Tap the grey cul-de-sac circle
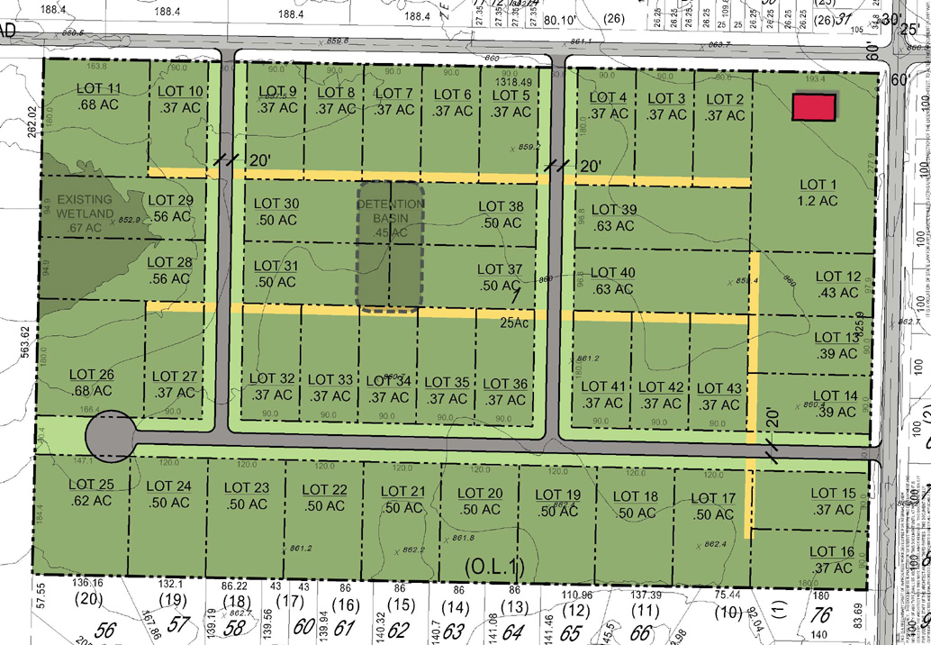coord(110,435)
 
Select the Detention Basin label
coord(389,218)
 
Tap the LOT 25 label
coord(91,494)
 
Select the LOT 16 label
coord(833,559)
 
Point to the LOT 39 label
coord(616,218)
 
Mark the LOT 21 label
coord(402,498)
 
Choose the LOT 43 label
coord(719,395)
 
